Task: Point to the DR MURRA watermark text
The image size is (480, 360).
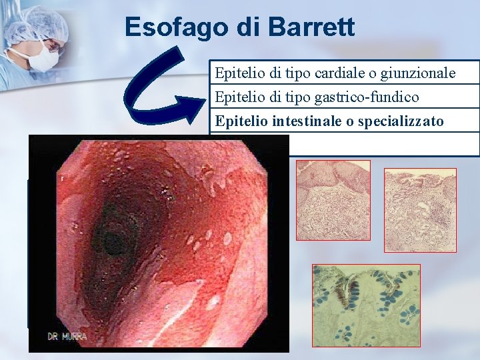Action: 67,337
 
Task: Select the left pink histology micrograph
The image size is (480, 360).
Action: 333,200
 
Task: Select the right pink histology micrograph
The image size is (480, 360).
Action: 420,210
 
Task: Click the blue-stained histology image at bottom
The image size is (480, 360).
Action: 366,305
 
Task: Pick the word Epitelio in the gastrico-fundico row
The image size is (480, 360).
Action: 234,97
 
